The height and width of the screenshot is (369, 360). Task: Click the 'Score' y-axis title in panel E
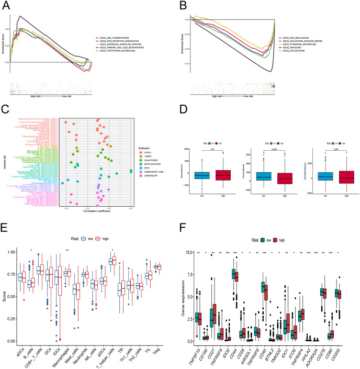pos(5,296)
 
